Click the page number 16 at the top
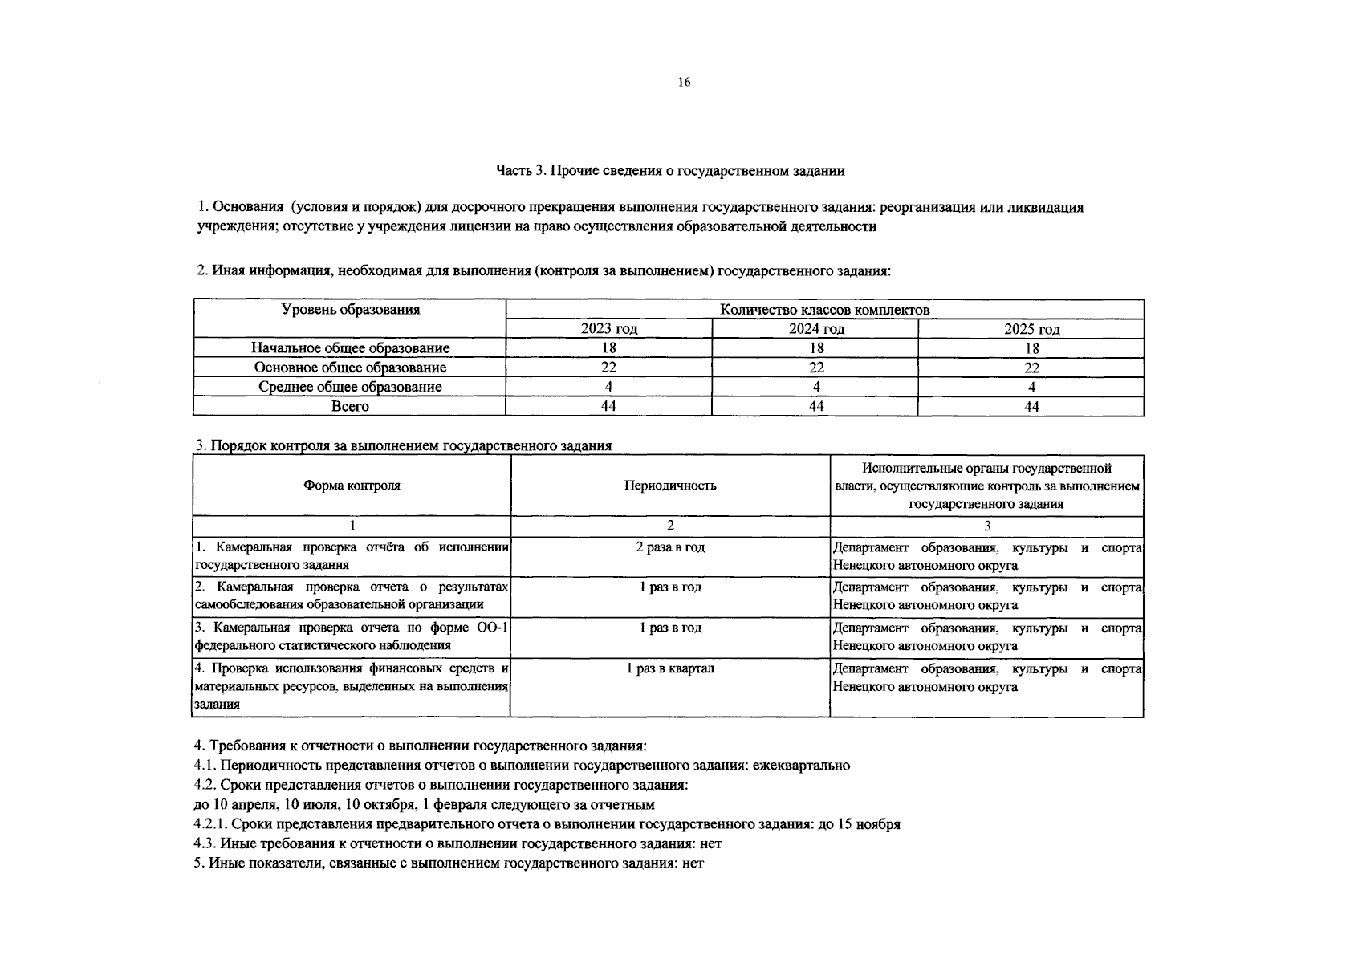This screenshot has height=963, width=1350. pyautogui.click(x=684, y=82)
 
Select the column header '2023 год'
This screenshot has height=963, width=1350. pyautogui.click(x=609, y=329)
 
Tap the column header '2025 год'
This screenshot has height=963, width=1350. pyautogui.click(x=1031, y=329)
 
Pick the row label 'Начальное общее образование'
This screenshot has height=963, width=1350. pyautogui.click(x=350, y=348)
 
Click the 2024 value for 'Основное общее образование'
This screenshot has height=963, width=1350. pyautogui.click(x=815, y=368)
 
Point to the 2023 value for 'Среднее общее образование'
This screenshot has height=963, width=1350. pyautogui.click(x=609, y=387)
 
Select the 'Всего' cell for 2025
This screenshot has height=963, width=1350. pyautogui.click(x=1031, y=407)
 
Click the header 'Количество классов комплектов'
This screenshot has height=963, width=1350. pyautogui.click(x=824, y=310)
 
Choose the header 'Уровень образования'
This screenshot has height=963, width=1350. pyautogui.click(x=350, y=310)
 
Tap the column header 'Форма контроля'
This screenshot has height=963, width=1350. pyautogui.click(x=352, y=486)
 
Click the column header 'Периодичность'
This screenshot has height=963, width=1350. pyautogui.click(x=670, y=486)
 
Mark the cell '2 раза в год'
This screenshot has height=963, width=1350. pyautogui.click(x=670, y=547)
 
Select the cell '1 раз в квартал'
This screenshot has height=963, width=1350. pyautogui.click(x=670, y=668)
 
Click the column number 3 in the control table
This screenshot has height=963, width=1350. pyautogui.click(x=987, y=526)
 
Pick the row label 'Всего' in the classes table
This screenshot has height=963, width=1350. pyautogui.click(x=350, y=407)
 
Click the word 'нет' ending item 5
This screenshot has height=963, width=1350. pyautogui.click(x=692, y=864)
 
